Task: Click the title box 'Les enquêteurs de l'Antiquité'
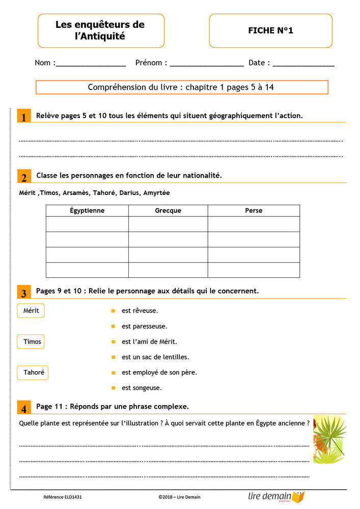point(101,31)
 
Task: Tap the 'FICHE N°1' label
point(270,31)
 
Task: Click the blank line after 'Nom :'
point(91,65)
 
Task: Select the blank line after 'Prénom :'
point(207,65)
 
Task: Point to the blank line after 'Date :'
point(303,65)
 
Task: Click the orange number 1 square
point(23,117)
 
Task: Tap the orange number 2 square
point(23,177)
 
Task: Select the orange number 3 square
point(23,293)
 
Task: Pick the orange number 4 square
point(23,408)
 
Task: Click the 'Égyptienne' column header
point(87,210)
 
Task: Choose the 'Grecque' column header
point(168,210)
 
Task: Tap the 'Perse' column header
point(254,210)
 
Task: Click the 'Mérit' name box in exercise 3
point(31,310)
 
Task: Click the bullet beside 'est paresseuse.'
point(113,326)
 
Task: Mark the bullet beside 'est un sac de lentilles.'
point(113,357)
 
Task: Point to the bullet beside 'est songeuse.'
point(113,388)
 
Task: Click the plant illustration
point(329,439)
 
